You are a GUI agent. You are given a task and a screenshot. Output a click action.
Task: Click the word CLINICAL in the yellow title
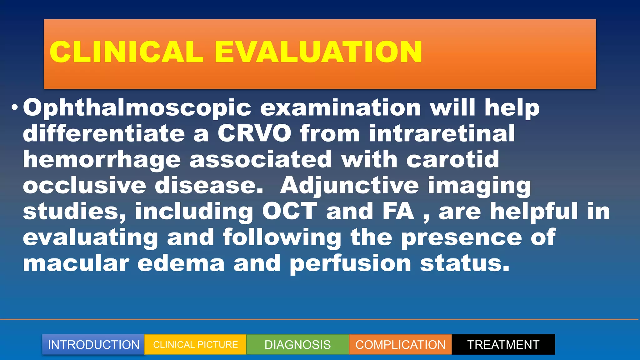coord(127,52)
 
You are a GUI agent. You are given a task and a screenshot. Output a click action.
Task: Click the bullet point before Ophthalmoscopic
coord(14,108)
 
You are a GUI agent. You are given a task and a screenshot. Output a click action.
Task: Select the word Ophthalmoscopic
coord(137,108)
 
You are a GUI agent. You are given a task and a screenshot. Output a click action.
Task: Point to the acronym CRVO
coord(254,133)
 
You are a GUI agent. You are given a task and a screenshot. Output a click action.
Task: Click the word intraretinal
coord(442,133)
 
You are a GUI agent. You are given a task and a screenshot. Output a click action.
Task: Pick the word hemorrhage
coord(102,160)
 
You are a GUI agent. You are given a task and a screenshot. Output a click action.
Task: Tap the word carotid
coord(452,160)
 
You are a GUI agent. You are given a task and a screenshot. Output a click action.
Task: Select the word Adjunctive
coord(349,186)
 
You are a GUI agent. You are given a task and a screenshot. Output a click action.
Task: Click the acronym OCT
coord(289,212)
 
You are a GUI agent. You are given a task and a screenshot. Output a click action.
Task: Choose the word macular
coord(76,263)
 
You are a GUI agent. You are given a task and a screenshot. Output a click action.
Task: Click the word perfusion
coord(350,263)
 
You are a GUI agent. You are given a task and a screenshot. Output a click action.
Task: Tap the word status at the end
coord(464,263)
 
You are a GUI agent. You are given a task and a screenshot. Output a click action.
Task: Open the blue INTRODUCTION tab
coord(93,345)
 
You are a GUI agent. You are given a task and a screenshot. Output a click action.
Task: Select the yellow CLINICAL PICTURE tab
coord(195,345)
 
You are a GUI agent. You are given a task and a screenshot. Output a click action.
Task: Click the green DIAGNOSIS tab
coord(297,345)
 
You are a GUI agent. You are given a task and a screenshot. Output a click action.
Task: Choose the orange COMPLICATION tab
coord(400,345)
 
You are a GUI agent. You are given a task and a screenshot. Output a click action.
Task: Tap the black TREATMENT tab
coord(503,345)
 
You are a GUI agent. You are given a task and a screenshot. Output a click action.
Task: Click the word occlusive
coord(84,186)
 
